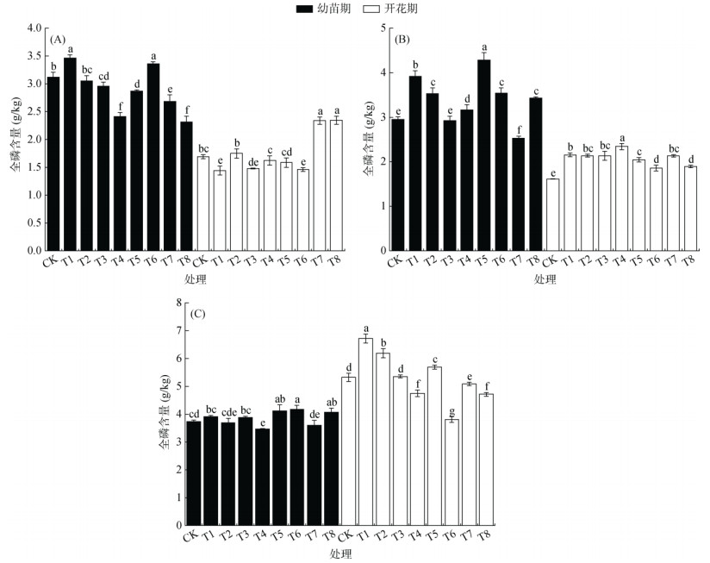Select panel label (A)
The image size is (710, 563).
[59, 40]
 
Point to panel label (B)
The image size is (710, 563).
[402, 40]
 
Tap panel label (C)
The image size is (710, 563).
[196, 314]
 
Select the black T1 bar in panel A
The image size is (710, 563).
[70, 154]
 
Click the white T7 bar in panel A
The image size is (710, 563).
[319, 185]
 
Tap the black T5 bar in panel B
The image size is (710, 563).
[484, 155]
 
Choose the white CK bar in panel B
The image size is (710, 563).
[553, 215]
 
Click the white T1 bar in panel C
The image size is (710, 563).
[365, 431]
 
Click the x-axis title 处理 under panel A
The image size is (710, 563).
[195, 279]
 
